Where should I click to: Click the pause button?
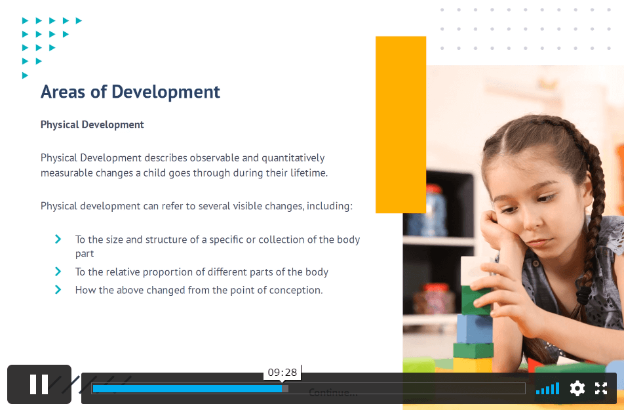39,384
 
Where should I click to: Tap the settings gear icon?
577,388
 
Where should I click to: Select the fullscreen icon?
601,388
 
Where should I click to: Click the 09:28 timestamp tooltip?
282,373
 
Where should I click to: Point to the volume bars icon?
547,388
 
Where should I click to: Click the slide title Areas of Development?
130,92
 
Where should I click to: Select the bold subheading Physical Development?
92,125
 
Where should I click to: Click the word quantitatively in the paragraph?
293,158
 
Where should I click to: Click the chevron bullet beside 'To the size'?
58,239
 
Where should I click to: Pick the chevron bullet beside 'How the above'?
58,290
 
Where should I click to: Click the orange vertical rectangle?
400,125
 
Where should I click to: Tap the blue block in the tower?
475,329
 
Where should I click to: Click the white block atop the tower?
473,271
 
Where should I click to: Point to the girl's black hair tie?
583,295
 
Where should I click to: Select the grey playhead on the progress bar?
285,388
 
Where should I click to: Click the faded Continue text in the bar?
333,393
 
